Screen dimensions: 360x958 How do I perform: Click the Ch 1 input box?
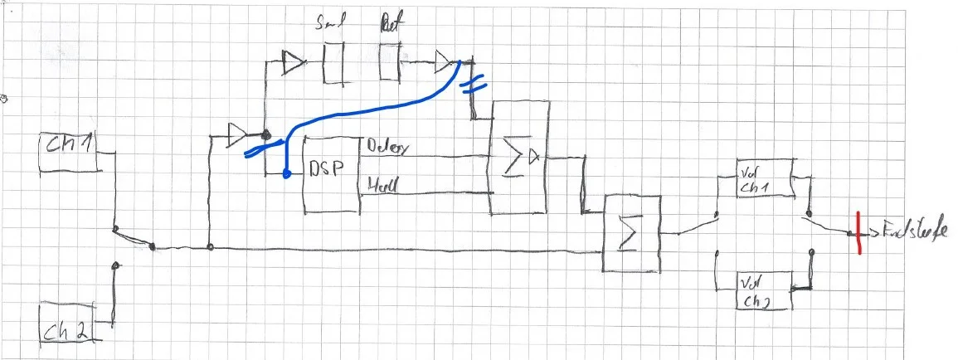tap(70, 152)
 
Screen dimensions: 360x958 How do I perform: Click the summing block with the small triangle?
tap(518, 157)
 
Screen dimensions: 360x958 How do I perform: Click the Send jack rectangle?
tap(333, 64)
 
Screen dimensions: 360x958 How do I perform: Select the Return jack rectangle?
tap(390, 62)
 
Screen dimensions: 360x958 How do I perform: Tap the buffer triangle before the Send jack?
tap(293, 61)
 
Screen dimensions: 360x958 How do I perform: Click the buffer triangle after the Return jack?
tap(445, 61)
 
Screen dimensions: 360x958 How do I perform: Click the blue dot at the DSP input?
tap(286, 175)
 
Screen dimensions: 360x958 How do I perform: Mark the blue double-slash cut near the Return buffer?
tap(469, 85)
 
